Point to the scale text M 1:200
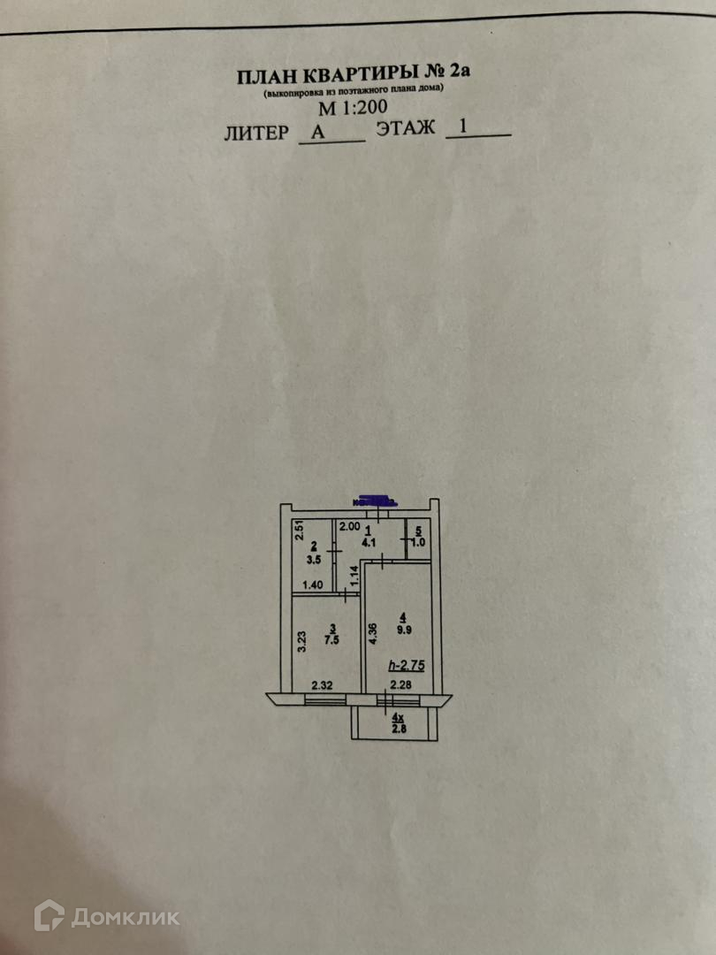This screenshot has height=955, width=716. (353, 110)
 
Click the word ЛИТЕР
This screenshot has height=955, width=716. (256, 133)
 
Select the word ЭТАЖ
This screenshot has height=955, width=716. (406, 128)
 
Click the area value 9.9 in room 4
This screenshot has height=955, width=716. (404, 630)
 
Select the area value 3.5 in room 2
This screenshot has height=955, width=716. (313, 559)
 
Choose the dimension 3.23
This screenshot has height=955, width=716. (301, 640)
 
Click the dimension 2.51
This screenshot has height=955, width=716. (300, 531)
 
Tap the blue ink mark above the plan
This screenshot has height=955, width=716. (373, 500)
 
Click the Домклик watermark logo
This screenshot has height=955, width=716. (106, 916)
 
